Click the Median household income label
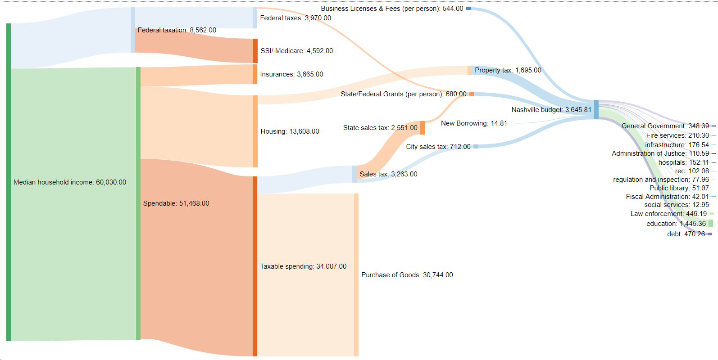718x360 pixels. click(x=70, y=182)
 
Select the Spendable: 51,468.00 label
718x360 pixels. click(x=176, y=203)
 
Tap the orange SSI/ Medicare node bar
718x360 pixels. click(x=255, y=51)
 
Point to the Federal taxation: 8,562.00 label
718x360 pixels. click(x=177, y=30)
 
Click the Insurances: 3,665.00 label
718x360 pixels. click(x=291, y=74)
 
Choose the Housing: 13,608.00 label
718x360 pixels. click(x=290, y=131)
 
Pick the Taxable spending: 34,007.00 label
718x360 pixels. click(x=303, y=266)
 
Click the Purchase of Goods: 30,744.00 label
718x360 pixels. click(x=407, y=275)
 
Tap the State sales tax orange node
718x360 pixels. click(x=423, y=128)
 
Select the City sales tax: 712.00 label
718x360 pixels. click(x=438, y=147)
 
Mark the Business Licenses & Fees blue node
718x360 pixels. click(x=468, y=9)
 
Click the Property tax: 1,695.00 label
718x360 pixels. click(x=508, y=70)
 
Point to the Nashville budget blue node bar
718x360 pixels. click(x=596, y=110)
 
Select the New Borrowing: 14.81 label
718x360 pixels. click(x=474, y=123)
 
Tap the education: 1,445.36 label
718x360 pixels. click(x=676, y=224)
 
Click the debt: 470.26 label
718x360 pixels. click(x=686, y=234)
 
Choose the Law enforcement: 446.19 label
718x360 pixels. click(x=668, y=214)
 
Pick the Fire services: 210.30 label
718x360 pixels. click(x=677, y=135)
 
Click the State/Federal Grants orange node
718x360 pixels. click(x=472, y=94)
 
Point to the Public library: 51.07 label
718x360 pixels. click(x=679, y=188)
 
